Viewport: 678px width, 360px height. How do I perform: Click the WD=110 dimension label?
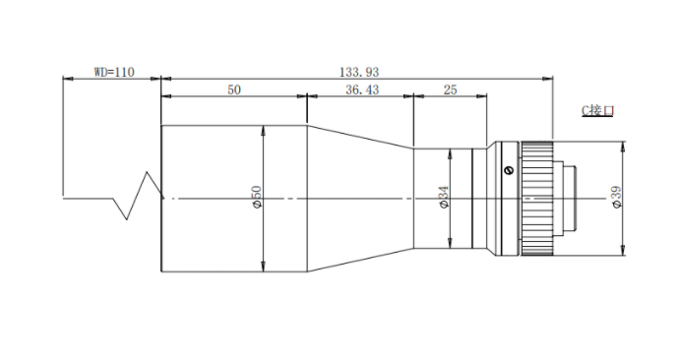[114, 72]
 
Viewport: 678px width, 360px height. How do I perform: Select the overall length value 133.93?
[359, 72]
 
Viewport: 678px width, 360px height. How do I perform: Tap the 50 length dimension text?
[234, 90]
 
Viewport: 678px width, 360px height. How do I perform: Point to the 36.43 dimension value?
[362, 90]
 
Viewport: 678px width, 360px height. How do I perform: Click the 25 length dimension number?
[450, 90]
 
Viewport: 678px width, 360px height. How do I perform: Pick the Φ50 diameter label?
[257, 197]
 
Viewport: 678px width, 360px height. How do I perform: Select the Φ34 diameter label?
[444, 197]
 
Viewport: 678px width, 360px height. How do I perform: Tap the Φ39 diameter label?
[617, 197]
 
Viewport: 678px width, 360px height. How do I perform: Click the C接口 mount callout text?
[597, 110]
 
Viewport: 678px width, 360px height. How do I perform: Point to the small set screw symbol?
[509, 170]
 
